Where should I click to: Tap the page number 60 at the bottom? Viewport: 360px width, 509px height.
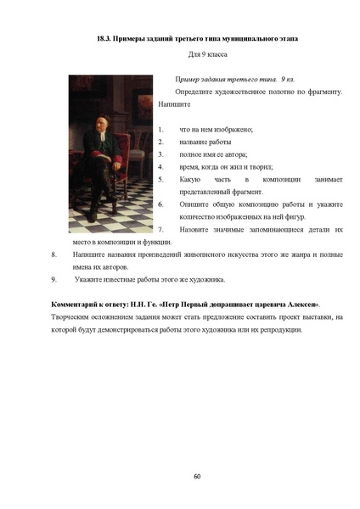pos(197,476)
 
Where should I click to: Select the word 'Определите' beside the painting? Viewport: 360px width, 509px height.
pos(196,91)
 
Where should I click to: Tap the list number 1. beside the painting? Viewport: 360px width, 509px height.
pos(160,129)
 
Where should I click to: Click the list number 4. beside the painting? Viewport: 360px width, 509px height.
pos(160,167)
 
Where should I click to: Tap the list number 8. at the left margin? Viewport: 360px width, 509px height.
pos(55,255)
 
